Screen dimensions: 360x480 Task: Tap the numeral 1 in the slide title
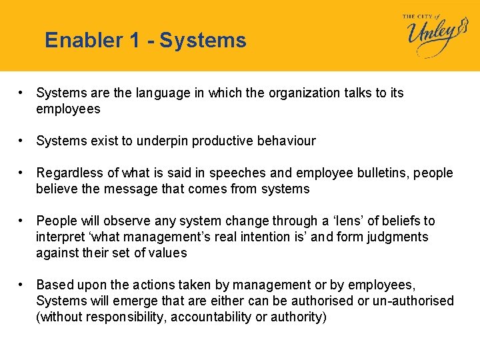coord(136,41)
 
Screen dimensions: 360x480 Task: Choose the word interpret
coord(60,237)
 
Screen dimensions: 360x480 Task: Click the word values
coord(169,253)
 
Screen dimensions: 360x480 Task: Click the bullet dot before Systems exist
coord(22,141)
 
